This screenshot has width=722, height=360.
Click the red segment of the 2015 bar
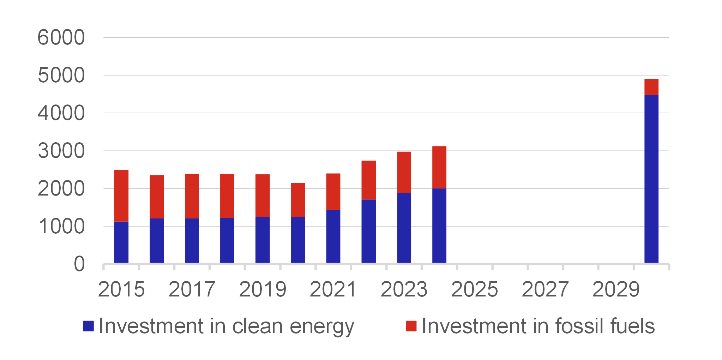[x=121, y=196]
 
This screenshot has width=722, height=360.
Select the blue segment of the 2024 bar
[x=439, y=226]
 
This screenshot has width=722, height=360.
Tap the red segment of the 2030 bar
[x=651, y=87]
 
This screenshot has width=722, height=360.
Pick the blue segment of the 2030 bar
[x=651, y=179]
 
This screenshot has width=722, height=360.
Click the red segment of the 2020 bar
[x=298, y=200]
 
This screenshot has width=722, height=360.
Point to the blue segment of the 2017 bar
[x=192, y=241]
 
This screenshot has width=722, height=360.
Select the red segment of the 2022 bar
[x=369, y=180]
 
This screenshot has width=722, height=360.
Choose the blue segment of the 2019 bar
[x=263, y=240]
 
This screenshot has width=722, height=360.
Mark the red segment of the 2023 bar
[x=404, y=172]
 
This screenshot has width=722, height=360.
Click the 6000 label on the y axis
[x=61, y=37]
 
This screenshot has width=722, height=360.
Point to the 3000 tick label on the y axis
[x=61, y=151]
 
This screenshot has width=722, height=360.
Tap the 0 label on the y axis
[x=79, y=264]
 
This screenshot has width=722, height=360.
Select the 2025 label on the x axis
[x=475, y=289]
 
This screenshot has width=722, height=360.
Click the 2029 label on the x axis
[x=616, y=289]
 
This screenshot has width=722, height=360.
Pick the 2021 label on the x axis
[x=333, y=289]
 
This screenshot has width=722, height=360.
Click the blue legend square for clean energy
[x=88, y=326]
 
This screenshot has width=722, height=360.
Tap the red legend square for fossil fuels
[x=411, y=326]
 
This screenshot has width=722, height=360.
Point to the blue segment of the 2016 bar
[x=157, y=241]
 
